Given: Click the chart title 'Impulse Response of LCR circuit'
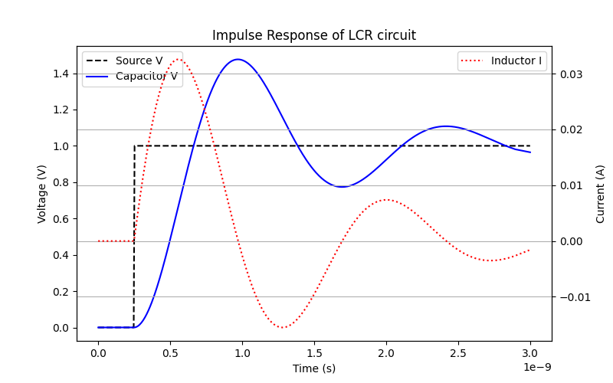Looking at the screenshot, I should coord(314,35).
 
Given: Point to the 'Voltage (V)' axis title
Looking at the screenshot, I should coord(42,193).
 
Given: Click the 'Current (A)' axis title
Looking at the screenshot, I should coord(601,193).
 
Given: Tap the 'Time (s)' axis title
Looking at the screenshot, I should coord(314,368).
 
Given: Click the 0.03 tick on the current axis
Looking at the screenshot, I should coord(570,74).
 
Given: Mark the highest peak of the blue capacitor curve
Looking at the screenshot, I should coord(238,59).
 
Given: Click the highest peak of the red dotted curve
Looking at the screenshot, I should coord(179,59).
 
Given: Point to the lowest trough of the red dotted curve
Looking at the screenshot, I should coord(284,328).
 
